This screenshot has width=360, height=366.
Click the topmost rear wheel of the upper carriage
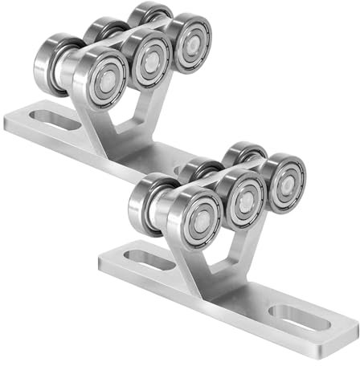[150, 14]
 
